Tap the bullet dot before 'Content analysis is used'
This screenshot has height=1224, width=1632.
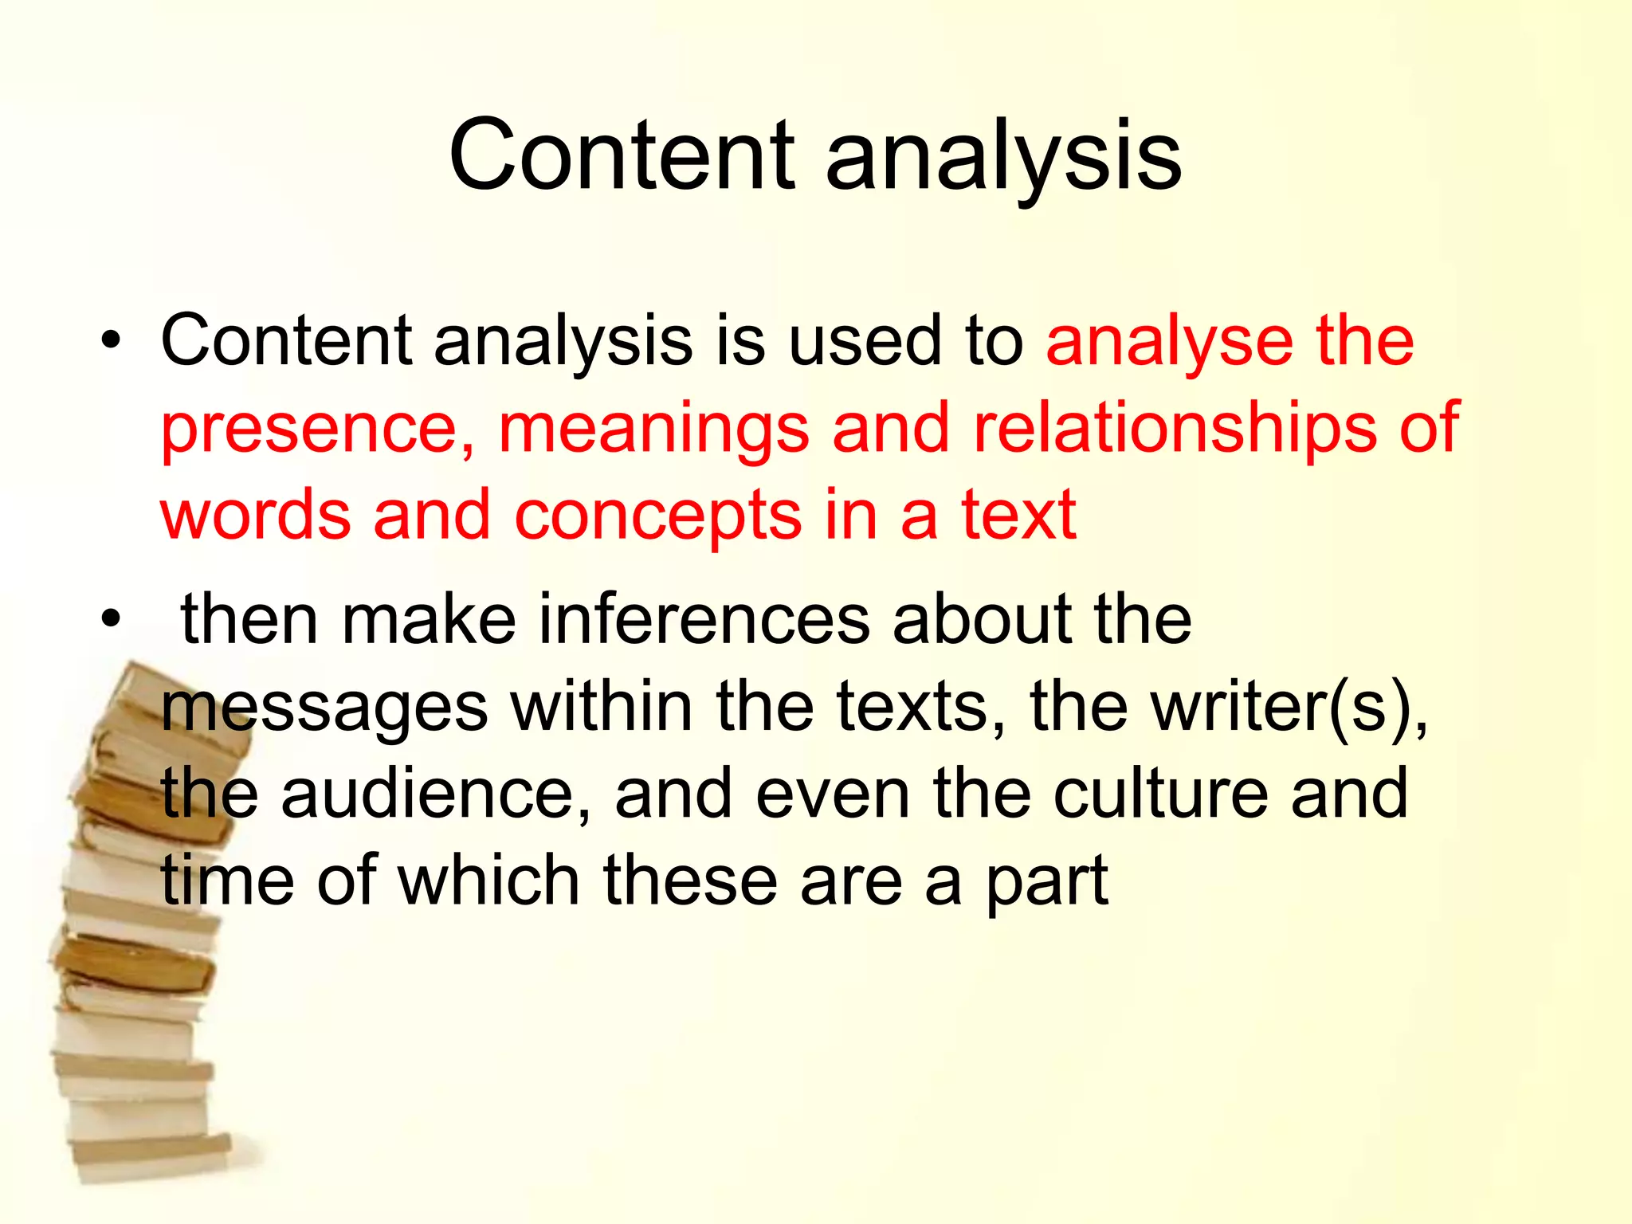[111, 342]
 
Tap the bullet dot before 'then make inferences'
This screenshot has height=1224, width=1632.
[111, 619]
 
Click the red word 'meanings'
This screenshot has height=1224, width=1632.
[653, 429]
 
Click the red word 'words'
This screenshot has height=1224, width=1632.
[256, 516]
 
